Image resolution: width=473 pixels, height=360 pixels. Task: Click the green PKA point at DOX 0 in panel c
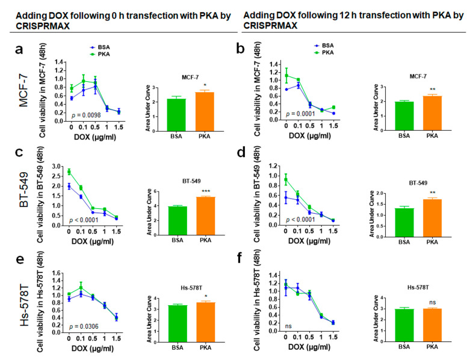pyautogui.click(x=70, y=172)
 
